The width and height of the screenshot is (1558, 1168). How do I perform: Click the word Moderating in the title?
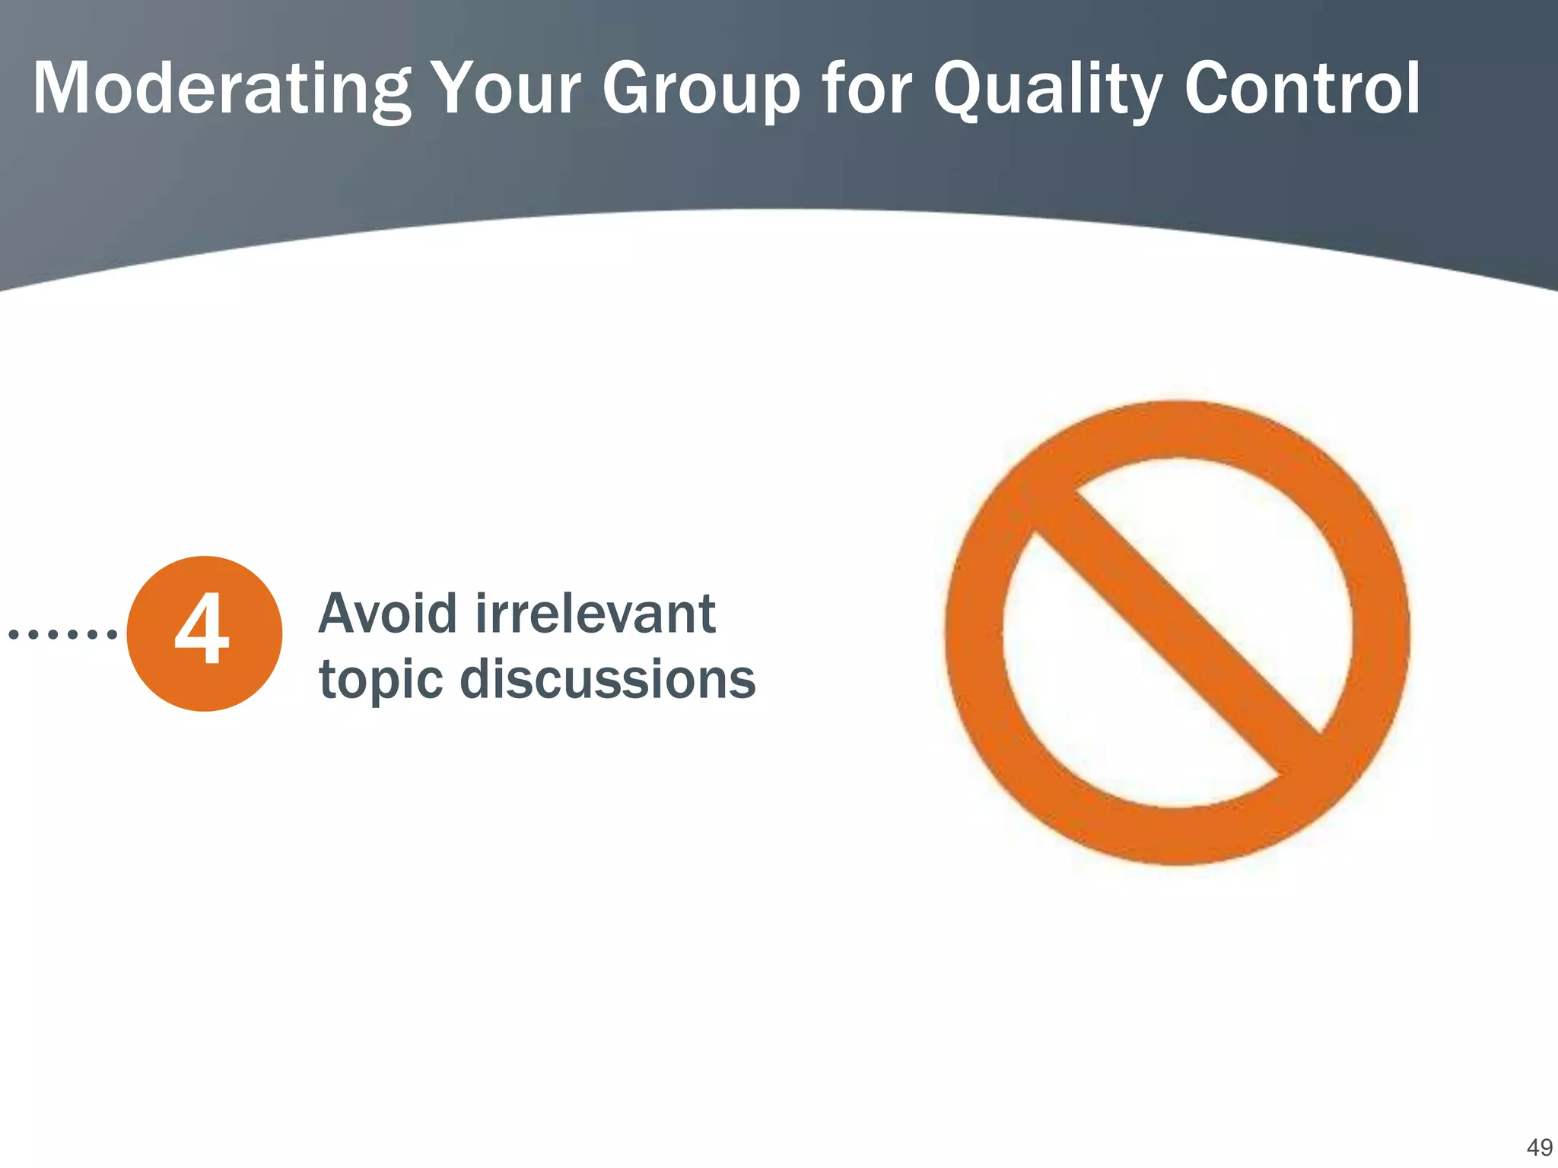coord(221,90)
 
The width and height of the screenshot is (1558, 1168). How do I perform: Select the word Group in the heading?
coord(701,90)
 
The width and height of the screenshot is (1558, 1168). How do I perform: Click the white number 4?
coord(202,630)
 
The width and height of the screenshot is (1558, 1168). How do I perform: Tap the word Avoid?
coord(388,614)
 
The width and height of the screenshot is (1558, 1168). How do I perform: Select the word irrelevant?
coord(596,614)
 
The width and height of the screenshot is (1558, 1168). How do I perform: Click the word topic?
coord(380,680)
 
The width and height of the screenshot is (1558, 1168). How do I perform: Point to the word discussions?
coord(608,678)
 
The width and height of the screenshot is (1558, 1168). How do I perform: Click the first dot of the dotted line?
coord(13,633)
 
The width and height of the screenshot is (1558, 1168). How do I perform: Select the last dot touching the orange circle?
coord(112,633)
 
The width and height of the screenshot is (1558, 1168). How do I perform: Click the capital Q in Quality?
coord(960,90)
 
